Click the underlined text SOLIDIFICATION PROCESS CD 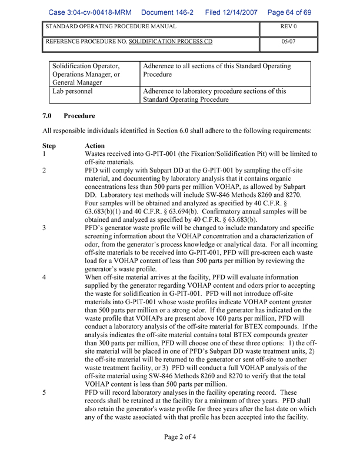pos(171,42)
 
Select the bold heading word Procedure pos(79,116)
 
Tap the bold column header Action pos(95,145)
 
